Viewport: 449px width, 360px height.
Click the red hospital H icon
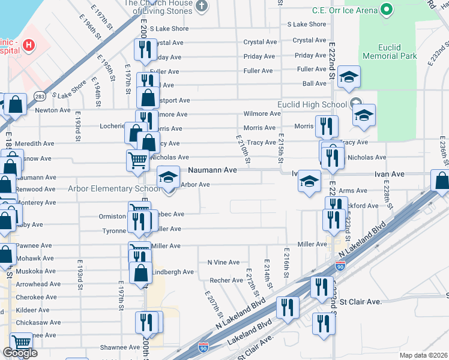[x=28, y=45]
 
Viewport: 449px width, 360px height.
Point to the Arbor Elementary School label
[x=113, y=188]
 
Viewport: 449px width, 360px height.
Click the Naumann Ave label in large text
[x=213, y=170]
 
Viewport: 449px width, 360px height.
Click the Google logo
[x=20, y=353]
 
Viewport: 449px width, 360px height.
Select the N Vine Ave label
[x=223, y=262]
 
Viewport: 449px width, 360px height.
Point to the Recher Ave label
[x=226, y=280]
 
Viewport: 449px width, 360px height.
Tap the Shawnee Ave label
[x=120, y=347]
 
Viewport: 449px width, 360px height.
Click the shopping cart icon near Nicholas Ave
[x=137, y=160]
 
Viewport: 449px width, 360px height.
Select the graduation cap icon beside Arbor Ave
[x=168, y=177]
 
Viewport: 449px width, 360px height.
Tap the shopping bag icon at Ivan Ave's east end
[x=441, y=181]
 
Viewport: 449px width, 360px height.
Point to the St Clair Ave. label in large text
[x=360, y=301]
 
